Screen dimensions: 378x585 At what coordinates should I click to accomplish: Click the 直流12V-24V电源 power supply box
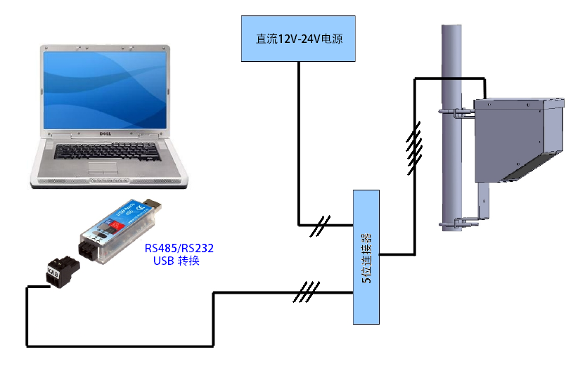pos(298,39)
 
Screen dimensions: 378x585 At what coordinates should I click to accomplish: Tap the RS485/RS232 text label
pos(179,248)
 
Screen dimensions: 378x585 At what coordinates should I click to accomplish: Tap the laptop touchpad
pos(103,167)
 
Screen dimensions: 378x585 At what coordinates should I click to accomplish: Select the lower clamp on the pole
pos(457,224)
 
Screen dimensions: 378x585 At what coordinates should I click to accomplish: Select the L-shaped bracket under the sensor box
pos(484,203)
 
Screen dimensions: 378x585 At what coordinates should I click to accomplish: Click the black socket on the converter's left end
pos(87,250)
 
